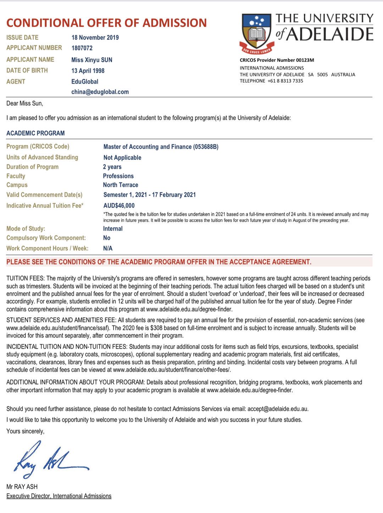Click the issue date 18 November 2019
tap(95, 38)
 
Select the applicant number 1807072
tap(82, 48)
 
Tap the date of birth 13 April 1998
tap(88, 71)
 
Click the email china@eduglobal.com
tap(100, 92)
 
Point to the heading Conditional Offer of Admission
tap(106, 23)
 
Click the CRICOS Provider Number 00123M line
tap(277, 60)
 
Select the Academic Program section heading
tap(35, 133)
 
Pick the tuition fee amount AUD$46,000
tap(119, 206)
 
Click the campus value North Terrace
tap(121, 185)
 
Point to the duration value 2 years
tap(112, 167)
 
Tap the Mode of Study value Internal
tap(113, 229)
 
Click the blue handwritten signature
tap(50, 460)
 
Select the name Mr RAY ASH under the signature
tap(22, 487)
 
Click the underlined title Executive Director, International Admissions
tap(59, 496)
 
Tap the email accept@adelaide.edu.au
tap(278, 409)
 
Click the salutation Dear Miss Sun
tap(24, 104)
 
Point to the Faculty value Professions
tap(118, 176)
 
